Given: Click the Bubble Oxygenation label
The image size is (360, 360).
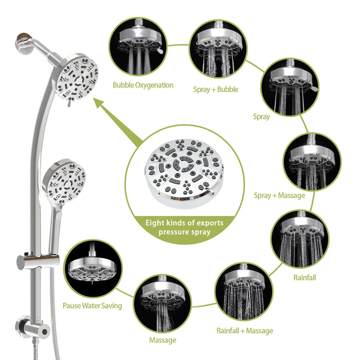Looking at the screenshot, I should click(x=143, y=85).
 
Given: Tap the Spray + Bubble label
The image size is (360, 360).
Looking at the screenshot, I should click(x=216, y=89).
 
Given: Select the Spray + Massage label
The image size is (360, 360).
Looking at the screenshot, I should click(x=279, y=195).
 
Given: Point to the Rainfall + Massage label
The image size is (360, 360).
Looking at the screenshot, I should click(x=245, y=331).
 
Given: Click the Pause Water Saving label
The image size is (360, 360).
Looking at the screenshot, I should click(x=93, y=305).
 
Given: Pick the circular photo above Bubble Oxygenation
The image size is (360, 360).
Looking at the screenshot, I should click(x=136, y=46).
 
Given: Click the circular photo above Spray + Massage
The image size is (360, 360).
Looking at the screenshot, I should click(x=311, y=163).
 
